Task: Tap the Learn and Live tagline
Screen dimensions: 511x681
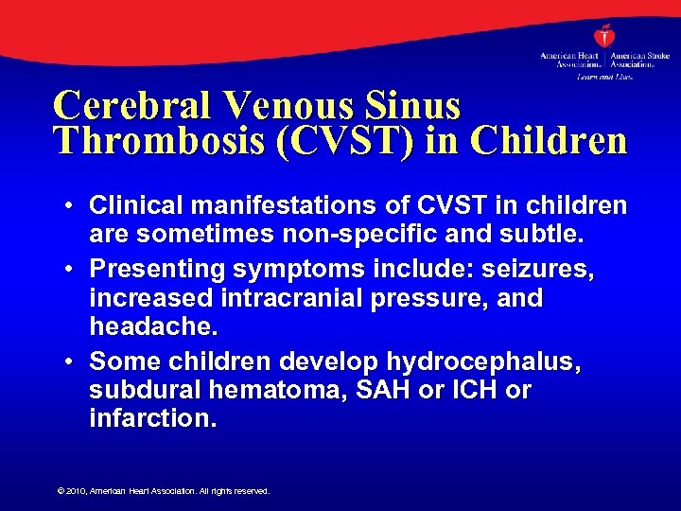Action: coord(603,76)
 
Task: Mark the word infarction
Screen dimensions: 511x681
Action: coord(152,417)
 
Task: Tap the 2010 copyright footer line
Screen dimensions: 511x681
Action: coord(164,491)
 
